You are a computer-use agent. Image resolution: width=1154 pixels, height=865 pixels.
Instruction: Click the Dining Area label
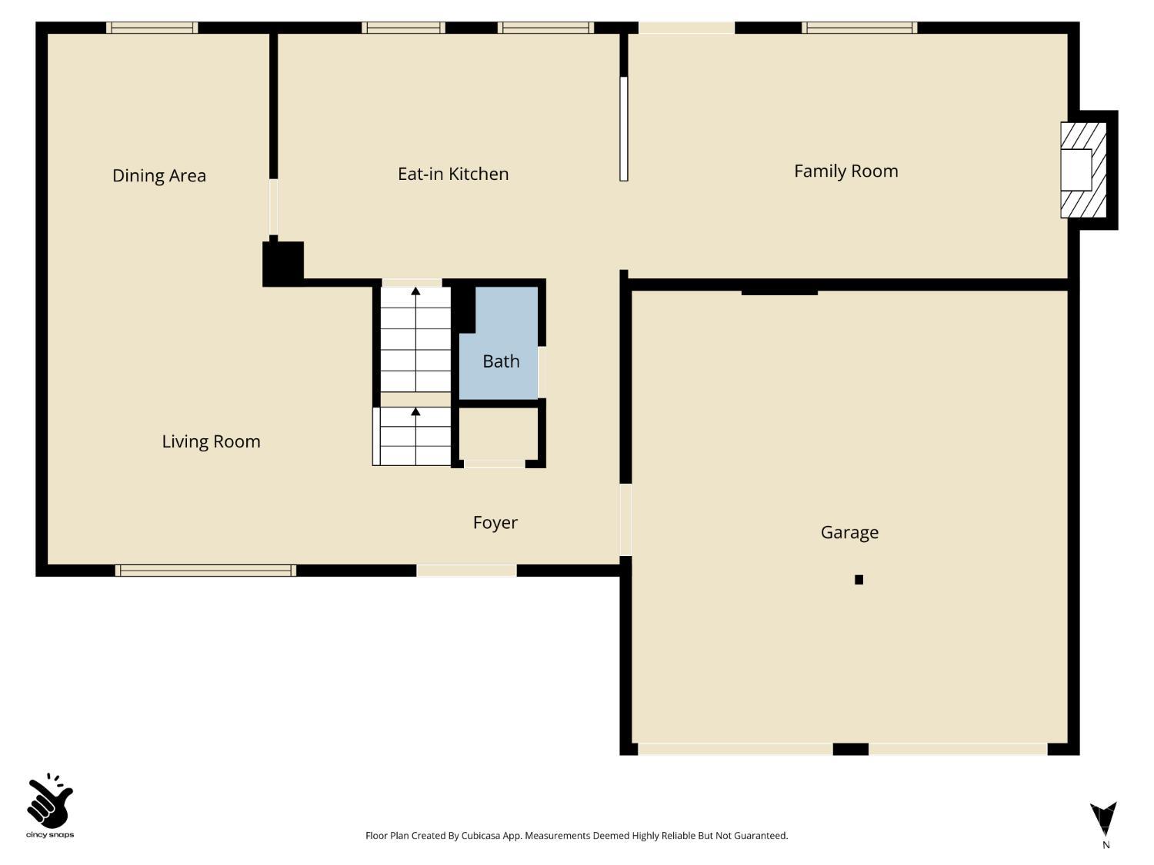(159, 175)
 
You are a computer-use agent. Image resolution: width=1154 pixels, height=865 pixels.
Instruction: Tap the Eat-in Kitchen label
(452, 174)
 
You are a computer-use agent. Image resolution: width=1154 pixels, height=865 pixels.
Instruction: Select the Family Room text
(845, 171)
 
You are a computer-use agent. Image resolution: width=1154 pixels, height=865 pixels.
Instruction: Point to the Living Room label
(211, 441)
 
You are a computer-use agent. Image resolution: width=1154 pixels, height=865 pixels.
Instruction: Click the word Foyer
(495, 523)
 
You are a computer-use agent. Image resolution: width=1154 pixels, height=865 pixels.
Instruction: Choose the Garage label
(849, 532)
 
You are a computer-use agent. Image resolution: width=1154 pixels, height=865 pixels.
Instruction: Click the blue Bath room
(500, 354)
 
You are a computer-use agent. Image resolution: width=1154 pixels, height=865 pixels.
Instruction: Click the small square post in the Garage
(859, 580)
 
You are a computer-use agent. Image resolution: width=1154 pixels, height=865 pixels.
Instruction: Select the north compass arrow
(1103, 820)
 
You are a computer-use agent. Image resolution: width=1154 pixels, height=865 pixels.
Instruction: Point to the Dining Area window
(152, 28)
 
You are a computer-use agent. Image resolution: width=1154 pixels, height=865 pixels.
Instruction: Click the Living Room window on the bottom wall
(205, 571)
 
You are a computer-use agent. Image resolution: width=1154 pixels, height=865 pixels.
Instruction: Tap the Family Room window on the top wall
(859, 28)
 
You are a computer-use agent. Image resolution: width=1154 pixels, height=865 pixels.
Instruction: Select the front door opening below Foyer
(466, 571)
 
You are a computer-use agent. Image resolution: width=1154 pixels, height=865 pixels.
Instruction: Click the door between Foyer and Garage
(625, 519)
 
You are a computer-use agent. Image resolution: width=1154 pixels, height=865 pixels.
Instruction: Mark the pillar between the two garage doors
(850, 749)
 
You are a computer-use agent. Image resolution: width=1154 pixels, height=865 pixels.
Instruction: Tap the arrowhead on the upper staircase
(415, 291)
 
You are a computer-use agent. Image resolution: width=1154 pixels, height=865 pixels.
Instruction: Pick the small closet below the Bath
(498, 434)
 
